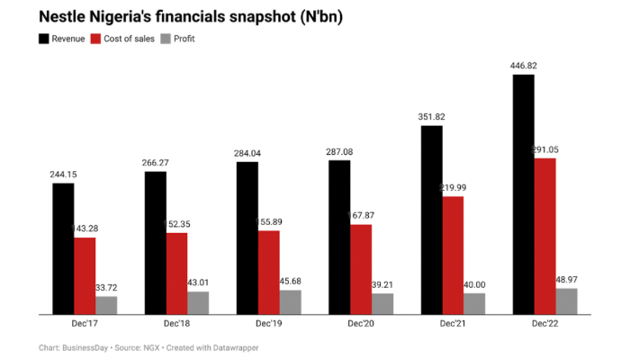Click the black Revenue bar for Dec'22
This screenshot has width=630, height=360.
(522, 194)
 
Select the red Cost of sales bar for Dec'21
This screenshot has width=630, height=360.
(453, 256)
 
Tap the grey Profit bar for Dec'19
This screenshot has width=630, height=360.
(291, 302)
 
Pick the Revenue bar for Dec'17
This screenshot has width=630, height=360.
(63, 248)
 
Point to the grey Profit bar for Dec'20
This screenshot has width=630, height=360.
(382, 304)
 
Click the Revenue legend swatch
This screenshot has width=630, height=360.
(44, 39)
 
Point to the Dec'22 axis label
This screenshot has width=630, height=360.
(544, 322)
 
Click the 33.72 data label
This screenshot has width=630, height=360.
(107, 287)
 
